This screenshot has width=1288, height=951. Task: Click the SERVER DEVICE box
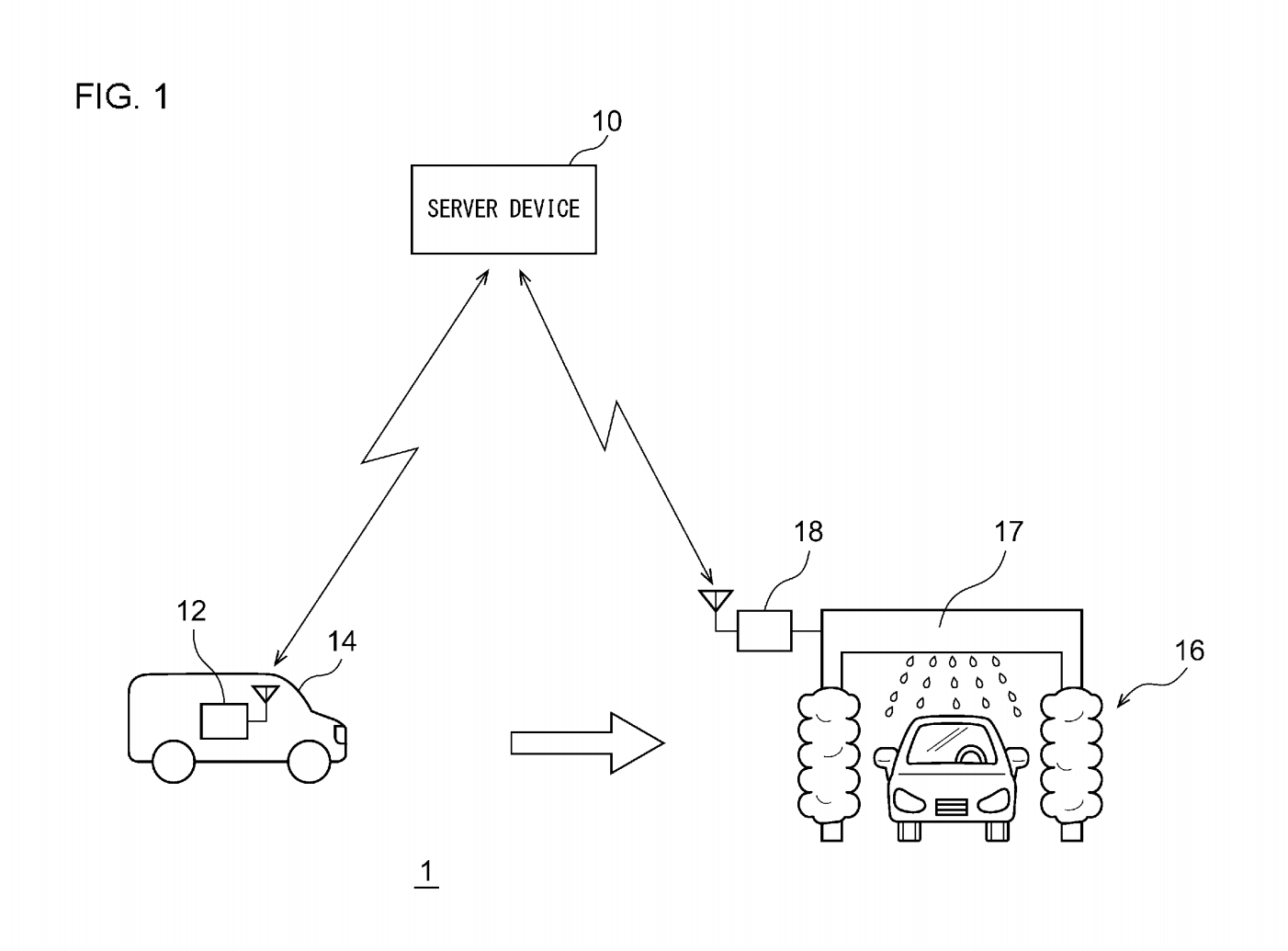coord(503,209)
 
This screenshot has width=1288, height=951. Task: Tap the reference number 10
coord(606,121)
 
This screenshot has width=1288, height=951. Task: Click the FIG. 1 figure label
coord(122,96)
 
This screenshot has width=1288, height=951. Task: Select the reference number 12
coord(191,611)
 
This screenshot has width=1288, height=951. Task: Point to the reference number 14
coord(342,641)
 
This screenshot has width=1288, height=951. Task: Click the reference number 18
coord(808,532)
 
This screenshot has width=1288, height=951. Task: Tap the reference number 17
coord(1008,532)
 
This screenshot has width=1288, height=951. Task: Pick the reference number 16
coord(1189,651)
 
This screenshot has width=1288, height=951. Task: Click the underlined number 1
coord(425,871)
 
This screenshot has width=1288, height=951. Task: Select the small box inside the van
coord(224,720)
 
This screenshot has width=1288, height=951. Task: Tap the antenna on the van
coord(266,694)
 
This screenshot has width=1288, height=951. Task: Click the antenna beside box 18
coord(715,601)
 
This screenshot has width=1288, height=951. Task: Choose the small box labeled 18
coord(764,631)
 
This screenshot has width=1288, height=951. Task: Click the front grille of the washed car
coord(951,808)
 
